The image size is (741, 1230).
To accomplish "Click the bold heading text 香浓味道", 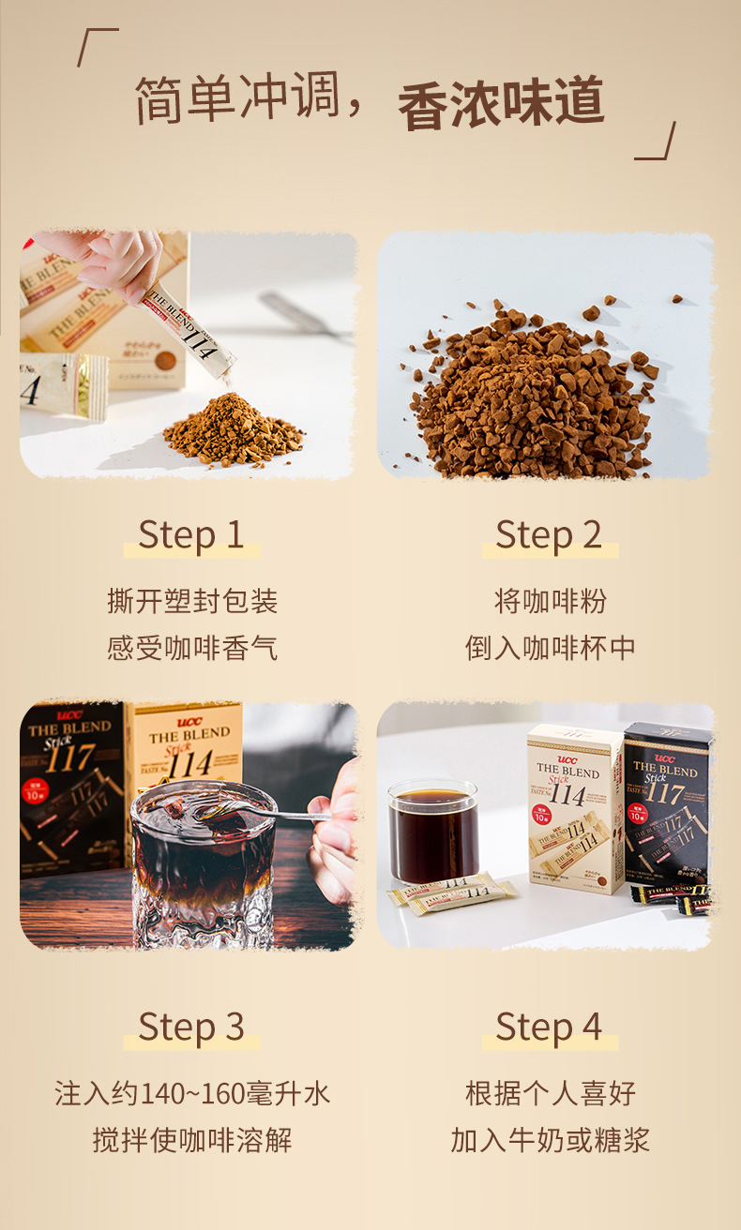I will (501, 105).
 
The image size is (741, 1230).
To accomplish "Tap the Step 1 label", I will (191, 534).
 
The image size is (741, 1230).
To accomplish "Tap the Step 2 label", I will (549, 534).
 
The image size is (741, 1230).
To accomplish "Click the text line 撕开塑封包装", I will (191, 601).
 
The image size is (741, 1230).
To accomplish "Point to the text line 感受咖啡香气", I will (191, 648).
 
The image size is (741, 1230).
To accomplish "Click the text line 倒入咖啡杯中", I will (550, 648).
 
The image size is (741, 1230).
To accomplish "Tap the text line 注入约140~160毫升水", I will (191, 1093).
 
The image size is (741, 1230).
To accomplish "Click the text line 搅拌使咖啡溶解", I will (191, 1140).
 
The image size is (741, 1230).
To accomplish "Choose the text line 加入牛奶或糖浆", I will (550, 1140).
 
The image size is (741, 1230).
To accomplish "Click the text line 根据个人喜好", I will (550, 1093).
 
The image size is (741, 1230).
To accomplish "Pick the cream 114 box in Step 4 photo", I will (574, 806).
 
